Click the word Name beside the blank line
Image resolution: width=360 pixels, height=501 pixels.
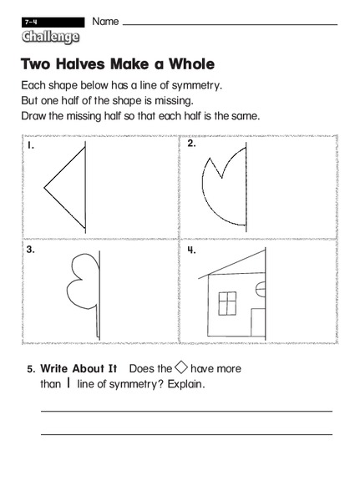(x=105, y=20)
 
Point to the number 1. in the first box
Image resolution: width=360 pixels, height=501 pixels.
(x=30, y=145)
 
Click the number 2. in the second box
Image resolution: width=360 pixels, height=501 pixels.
(x=191, y=144)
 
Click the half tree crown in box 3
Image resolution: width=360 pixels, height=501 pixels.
(x=84, y=279)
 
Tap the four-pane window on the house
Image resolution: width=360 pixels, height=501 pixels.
(x=228, y=303)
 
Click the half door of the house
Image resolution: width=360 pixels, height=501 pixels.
(x=258, y=321)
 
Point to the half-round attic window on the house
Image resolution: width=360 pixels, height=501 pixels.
(x=260, y=289)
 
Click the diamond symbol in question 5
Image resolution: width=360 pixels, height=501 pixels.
(x=180, y=367)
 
